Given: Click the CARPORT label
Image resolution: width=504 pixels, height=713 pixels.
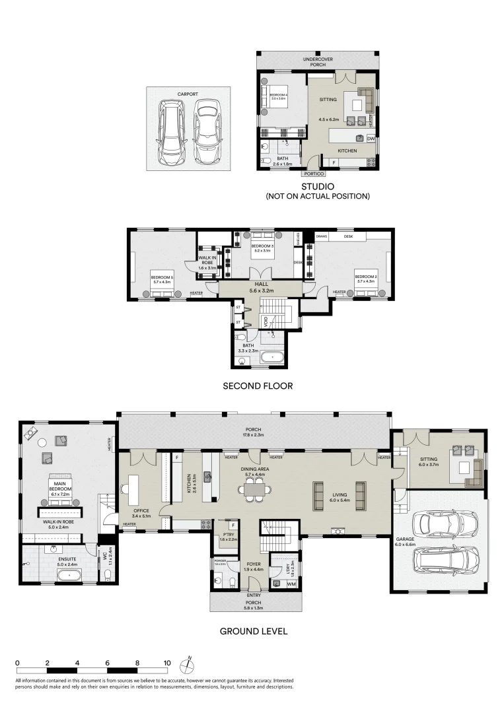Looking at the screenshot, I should (187, 94).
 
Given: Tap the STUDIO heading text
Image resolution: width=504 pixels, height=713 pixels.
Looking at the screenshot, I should (316, 187).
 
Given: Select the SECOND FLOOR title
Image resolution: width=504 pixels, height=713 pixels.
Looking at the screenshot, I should (257, 385).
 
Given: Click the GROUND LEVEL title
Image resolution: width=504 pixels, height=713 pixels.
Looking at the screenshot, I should (253, 631).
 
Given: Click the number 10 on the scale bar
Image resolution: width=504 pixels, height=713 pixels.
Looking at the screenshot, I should (167, 663).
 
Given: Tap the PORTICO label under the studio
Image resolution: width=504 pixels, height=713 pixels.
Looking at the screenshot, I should (313, 174).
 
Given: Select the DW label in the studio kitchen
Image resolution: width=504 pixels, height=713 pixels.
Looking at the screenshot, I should (371, 139).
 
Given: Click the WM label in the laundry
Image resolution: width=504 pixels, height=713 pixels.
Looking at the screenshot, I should (291, 584).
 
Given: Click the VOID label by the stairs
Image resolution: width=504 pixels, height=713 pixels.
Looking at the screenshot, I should (266, 322).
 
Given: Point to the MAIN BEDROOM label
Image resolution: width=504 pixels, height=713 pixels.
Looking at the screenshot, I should (61, 486).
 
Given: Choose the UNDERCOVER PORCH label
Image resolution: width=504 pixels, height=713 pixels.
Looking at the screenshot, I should (318, 62).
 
